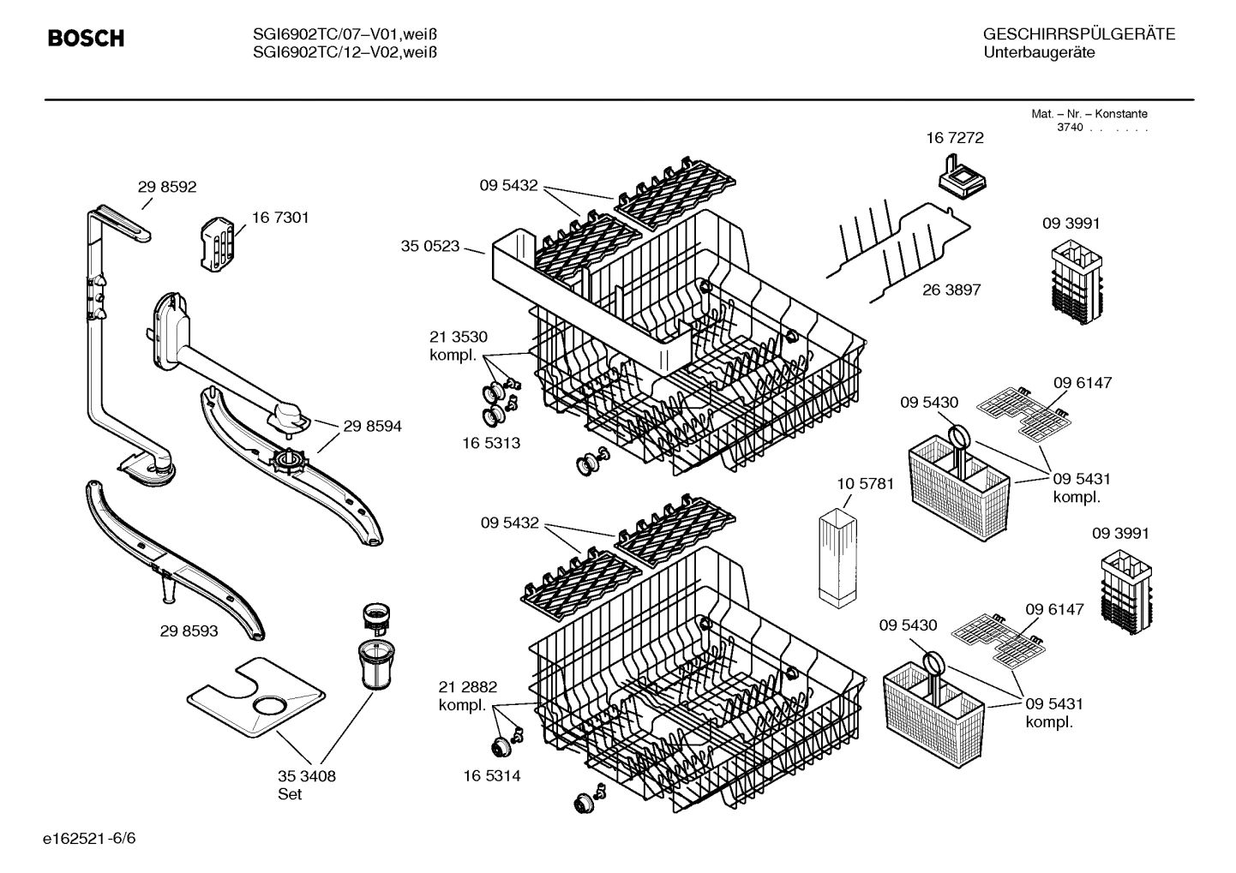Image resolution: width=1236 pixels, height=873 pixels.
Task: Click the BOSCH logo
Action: click(86, 39)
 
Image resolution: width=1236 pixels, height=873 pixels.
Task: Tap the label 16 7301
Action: click(280, 218)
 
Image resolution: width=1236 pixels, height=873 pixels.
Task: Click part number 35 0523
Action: click(430, 246)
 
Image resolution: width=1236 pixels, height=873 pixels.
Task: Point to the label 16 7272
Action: click(954, 138)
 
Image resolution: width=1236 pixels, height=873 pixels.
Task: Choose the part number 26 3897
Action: click(951, 290)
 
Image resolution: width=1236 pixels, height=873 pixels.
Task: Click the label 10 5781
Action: click(865, 484)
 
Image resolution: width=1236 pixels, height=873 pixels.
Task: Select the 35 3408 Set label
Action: click(306, 785)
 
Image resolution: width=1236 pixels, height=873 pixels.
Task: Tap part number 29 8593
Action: click(189, 631)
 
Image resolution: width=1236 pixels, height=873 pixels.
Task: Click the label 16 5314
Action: click(491, 776)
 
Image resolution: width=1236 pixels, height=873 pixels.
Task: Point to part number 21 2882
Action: click(467, 687)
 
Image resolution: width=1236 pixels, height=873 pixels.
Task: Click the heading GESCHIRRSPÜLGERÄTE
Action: click(1078, 35)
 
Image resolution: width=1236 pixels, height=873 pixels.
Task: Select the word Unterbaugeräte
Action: click(1039, 53)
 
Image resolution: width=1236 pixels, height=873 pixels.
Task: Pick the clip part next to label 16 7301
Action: click(219, 243)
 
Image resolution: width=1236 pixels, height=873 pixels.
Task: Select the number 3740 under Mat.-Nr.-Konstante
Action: click(1070, 128)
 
